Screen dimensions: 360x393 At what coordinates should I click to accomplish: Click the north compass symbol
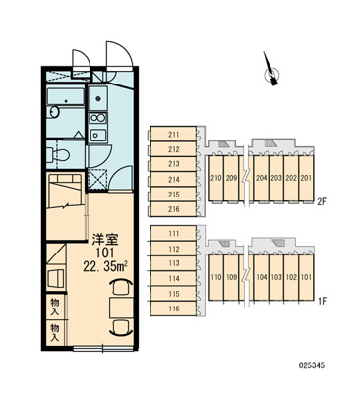pos(271,73)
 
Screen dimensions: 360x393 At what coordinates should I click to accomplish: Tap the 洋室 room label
pos(104,240)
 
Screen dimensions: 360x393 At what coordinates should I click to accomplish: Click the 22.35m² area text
pos(105,267)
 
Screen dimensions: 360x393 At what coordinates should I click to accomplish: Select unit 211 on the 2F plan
pos(174,135)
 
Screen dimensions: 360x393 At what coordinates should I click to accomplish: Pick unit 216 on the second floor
pos(174,209)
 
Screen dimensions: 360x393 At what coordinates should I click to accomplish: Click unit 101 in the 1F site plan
pos(306,277)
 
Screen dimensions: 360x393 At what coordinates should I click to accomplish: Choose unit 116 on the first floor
pos(174,309)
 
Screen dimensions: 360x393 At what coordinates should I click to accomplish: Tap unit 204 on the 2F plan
pos(262,178)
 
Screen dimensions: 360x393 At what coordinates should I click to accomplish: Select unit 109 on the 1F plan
pos(232,277)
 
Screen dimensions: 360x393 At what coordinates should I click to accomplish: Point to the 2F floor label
pos(321,201)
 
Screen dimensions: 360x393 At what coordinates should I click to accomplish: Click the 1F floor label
pos(321,301)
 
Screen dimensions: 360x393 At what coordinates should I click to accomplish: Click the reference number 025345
pos(312,365)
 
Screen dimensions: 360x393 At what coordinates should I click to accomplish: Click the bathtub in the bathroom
pos(65,97)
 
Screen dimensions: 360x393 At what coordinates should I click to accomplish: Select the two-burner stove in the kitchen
pos(97,118)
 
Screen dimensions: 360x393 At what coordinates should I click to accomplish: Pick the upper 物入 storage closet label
pos(55,307)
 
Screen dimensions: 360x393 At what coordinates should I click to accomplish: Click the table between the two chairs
pos(122,308)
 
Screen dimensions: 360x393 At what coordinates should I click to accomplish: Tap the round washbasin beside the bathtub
pos(53,112)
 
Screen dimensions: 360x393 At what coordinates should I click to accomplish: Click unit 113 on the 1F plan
pos(174,263)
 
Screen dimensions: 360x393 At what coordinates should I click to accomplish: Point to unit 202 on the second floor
pos(291,178)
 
